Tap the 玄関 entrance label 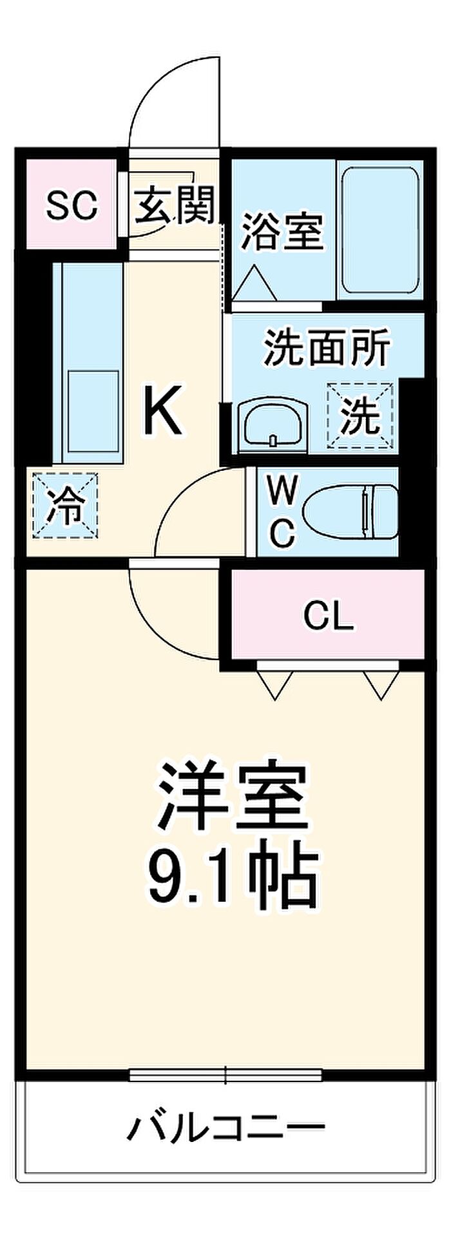[174, 205]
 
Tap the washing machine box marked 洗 [360, 415]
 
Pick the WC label [282, 513]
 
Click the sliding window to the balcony [225, 1074]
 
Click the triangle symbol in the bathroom [254, 284]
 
